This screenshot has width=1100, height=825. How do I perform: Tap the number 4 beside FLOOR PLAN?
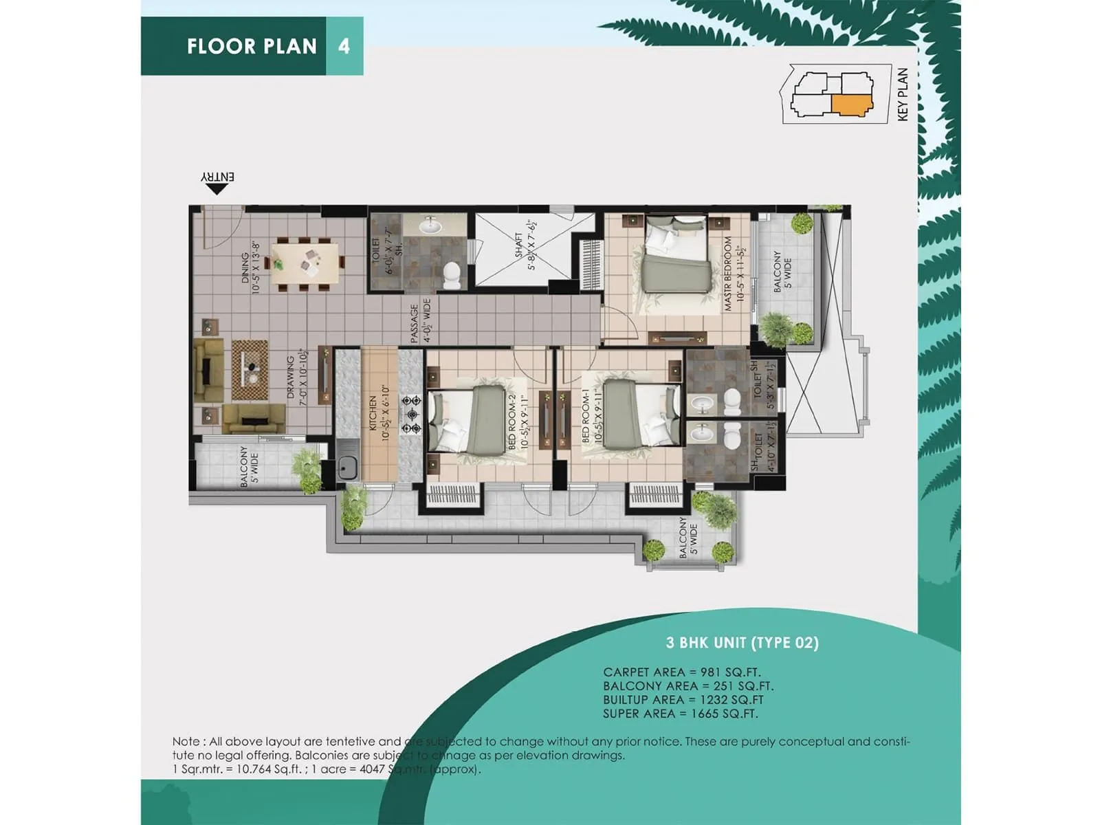[x=344, y=46]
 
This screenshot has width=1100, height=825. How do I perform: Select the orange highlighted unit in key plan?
[x=852, y=104]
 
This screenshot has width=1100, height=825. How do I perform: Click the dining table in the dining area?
[x=305, y=263]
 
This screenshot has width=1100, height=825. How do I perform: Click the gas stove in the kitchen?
[x=411, y=414]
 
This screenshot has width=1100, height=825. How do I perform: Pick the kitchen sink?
[x=347, y=467]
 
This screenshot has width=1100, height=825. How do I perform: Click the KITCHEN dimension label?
[x=379, y=412]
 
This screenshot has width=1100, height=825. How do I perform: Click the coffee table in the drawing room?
[x=250, y=370]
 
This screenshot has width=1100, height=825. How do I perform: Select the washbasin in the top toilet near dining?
[x=432, y=225]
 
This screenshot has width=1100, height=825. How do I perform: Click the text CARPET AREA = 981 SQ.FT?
[x=681, y=672]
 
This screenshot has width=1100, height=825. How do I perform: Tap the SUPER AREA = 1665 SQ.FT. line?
[x=680, y=714]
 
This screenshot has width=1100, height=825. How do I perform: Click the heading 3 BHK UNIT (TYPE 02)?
[x=742, y=643]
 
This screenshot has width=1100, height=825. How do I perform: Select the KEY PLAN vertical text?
[x=903, y=94]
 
